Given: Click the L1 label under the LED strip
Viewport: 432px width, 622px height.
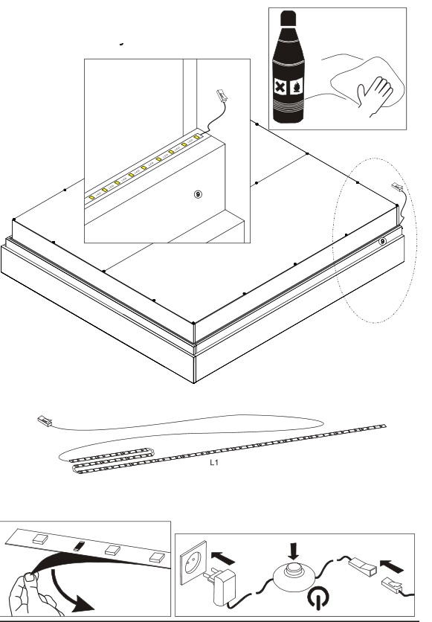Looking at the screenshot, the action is pyautogui.click(x=214, y=462).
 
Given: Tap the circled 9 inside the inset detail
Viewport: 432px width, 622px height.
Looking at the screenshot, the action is pyautogui.click(x=199, y=194).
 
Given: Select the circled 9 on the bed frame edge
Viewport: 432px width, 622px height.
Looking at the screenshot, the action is pyautogui.click(x=382, y=241).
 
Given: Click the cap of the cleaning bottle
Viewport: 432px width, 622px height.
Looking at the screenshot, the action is pyautogui.click(x=288, y=19).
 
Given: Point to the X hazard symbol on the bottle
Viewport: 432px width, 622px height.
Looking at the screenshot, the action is pyautogui.click(x=280, y=86).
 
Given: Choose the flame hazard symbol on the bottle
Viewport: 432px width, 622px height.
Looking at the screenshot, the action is pyautogui.click(x=297, y=86).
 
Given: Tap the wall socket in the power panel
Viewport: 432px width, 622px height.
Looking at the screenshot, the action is pyautogui.click(x=193, y=562).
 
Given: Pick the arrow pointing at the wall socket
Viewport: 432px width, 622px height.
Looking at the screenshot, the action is pyautogui.click(x=223, y=557).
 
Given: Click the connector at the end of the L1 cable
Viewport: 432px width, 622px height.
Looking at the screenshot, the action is pyautogui.click(x=45, y=420).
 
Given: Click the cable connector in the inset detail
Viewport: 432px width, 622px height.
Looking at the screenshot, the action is pyautogui.click(x=221, y=95).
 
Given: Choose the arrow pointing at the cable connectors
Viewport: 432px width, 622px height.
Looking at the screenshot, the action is pyautogui.click(x=391, y=565).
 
